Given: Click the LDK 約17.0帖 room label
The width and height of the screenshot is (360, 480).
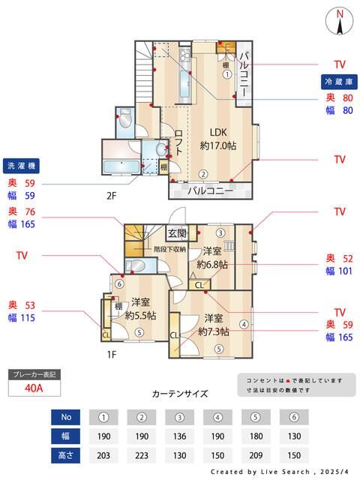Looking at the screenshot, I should pos(217,139).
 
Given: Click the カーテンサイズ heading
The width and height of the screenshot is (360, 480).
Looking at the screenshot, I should pos(179,393).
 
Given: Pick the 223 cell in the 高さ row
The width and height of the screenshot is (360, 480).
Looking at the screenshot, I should pos(141,455).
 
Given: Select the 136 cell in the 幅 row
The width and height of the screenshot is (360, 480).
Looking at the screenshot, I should pos(180,436).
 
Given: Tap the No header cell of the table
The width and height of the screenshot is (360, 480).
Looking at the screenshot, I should pos(65,416).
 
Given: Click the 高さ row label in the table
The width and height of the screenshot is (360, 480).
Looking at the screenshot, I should pos(65,455).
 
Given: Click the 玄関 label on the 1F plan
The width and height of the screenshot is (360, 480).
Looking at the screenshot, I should pos(177,233).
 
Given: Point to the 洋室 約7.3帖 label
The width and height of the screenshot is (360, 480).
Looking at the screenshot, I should pos(214,325).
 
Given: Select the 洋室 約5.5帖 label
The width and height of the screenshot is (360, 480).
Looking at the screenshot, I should pos(140,309).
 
